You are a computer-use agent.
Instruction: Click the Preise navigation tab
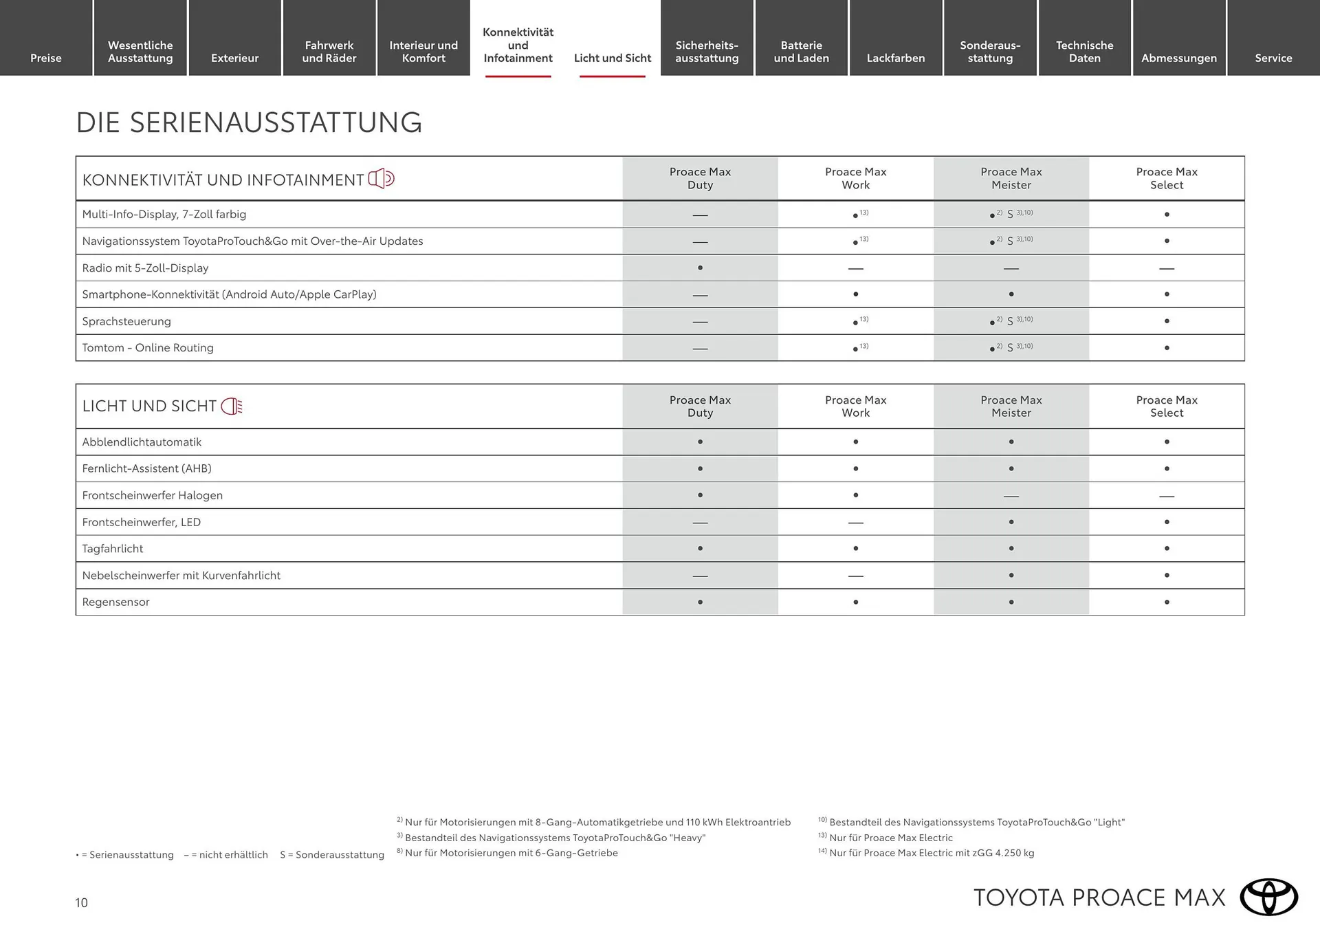point(46,58)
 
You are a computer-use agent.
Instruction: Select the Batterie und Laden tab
point(801,52)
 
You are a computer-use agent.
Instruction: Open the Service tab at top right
point(1273,58)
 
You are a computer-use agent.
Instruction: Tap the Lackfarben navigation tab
point(895,58)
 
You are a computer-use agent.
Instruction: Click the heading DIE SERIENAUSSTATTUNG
point(249,122)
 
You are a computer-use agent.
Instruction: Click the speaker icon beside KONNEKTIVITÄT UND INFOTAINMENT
point(381,179)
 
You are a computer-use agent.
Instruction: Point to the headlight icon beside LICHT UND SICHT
point(232,406)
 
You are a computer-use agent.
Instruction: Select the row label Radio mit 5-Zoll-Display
point(145,268)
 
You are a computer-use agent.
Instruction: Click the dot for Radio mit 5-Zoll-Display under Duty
point(700,268)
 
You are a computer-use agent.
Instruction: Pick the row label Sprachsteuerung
point(126,321)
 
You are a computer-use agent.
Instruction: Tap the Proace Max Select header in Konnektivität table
point(1166,178)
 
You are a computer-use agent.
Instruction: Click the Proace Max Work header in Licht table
point(855,406)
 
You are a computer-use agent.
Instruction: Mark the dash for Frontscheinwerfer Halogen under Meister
point(1011,496)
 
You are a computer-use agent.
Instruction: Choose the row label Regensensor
point(115,602)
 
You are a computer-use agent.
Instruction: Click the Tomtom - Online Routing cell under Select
point(1166,348)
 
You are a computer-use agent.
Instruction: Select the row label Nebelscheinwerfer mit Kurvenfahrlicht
point(181,576)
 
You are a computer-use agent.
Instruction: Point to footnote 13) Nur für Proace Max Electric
point(890,838)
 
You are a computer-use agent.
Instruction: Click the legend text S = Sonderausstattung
point(332,855)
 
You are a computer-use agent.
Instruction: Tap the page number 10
point(81,903)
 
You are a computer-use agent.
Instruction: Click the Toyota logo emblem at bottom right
point(1268,898)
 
